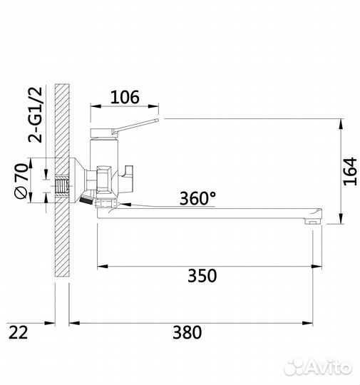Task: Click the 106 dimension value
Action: (125, 97)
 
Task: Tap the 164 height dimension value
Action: (350, 171)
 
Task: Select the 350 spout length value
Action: (202, 276)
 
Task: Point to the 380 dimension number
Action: (187, 332)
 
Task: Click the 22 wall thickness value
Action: (19, 333)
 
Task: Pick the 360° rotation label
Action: (198, 198)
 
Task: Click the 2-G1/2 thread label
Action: (36, 115)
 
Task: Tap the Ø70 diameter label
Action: (21, 180)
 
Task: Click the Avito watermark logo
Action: (318, 367)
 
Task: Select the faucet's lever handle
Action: (135, 125)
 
